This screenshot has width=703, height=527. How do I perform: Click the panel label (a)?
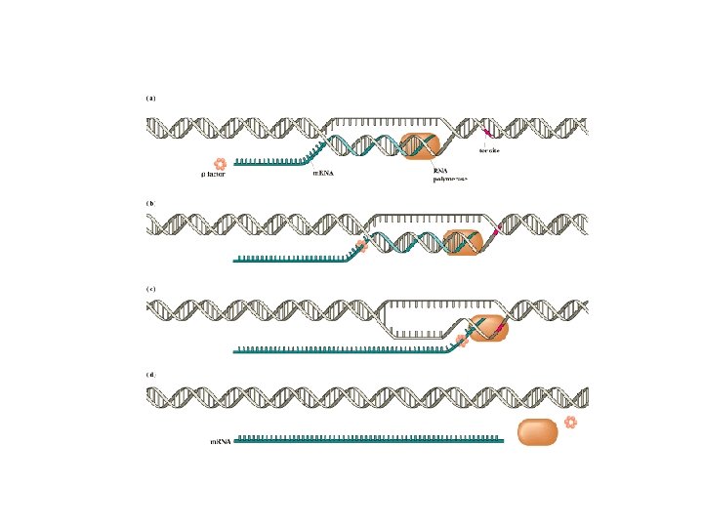pyautogui.click(x=150, y=98)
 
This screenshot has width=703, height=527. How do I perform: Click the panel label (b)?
pyautogui.click(x=150, y=203)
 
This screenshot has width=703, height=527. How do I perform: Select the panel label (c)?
pyautogui.click(x=150, y=289)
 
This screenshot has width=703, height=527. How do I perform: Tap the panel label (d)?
pyautogui.click(x=150, y=374)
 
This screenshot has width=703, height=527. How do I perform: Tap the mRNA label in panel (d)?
pyautogui.click(x=222, y=441)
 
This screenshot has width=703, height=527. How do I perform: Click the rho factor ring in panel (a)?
pyautogui.click(x=220, y=163)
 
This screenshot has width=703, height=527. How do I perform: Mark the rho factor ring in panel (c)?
pyautogui.click(x=463, y=340)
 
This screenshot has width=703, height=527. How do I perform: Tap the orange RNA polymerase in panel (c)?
pyautogui.click(x=487, y=329)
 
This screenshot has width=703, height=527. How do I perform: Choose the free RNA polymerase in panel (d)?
pyautogui.click(x=536, y=432)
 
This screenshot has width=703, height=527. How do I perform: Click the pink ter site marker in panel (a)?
pyautogui.click(x=487, y=128)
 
